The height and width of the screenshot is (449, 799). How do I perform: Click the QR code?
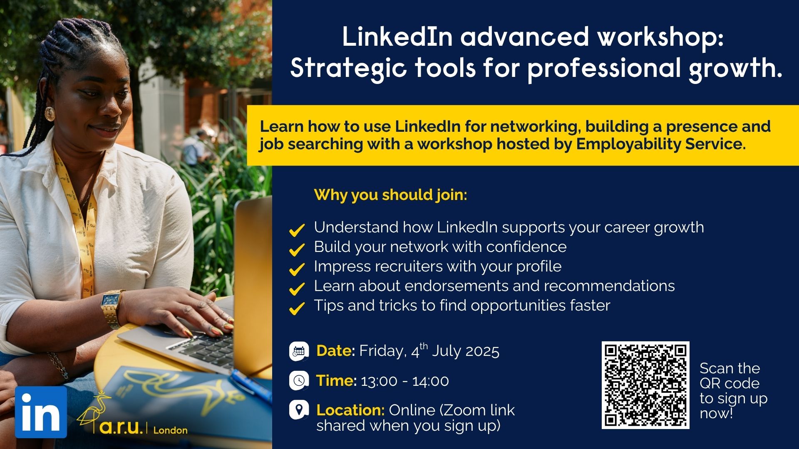tap(645, 385)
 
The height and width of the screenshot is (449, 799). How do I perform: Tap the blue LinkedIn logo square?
tap(41, 412)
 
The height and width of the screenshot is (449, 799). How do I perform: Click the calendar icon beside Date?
tap(299, 351)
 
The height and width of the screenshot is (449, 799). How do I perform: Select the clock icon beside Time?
tap(299, 380)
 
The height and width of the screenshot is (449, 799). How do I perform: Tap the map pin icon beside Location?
tap(299, 410)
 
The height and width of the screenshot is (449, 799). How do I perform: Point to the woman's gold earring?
tap(50, 114)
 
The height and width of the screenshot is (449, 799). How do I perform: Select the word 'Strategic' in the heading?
tap(348, 69)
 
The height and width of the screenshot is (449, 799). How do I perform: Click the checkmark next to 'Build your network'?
tap(297, 249)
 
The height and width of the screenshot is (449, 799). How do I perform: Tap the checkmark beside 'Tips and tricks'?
tap(297, 308)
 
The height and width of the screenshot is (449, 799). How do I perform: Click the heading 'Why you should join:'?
tap(391, 195)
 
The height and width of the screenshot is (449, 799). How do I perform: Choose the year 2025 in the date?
tap(482, 351)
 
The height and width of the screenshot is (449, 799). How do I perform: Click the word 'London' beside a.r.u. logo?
tap(171, 430)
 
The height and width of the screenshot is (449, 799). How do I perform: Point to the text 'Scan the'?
tap(730, 368)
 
